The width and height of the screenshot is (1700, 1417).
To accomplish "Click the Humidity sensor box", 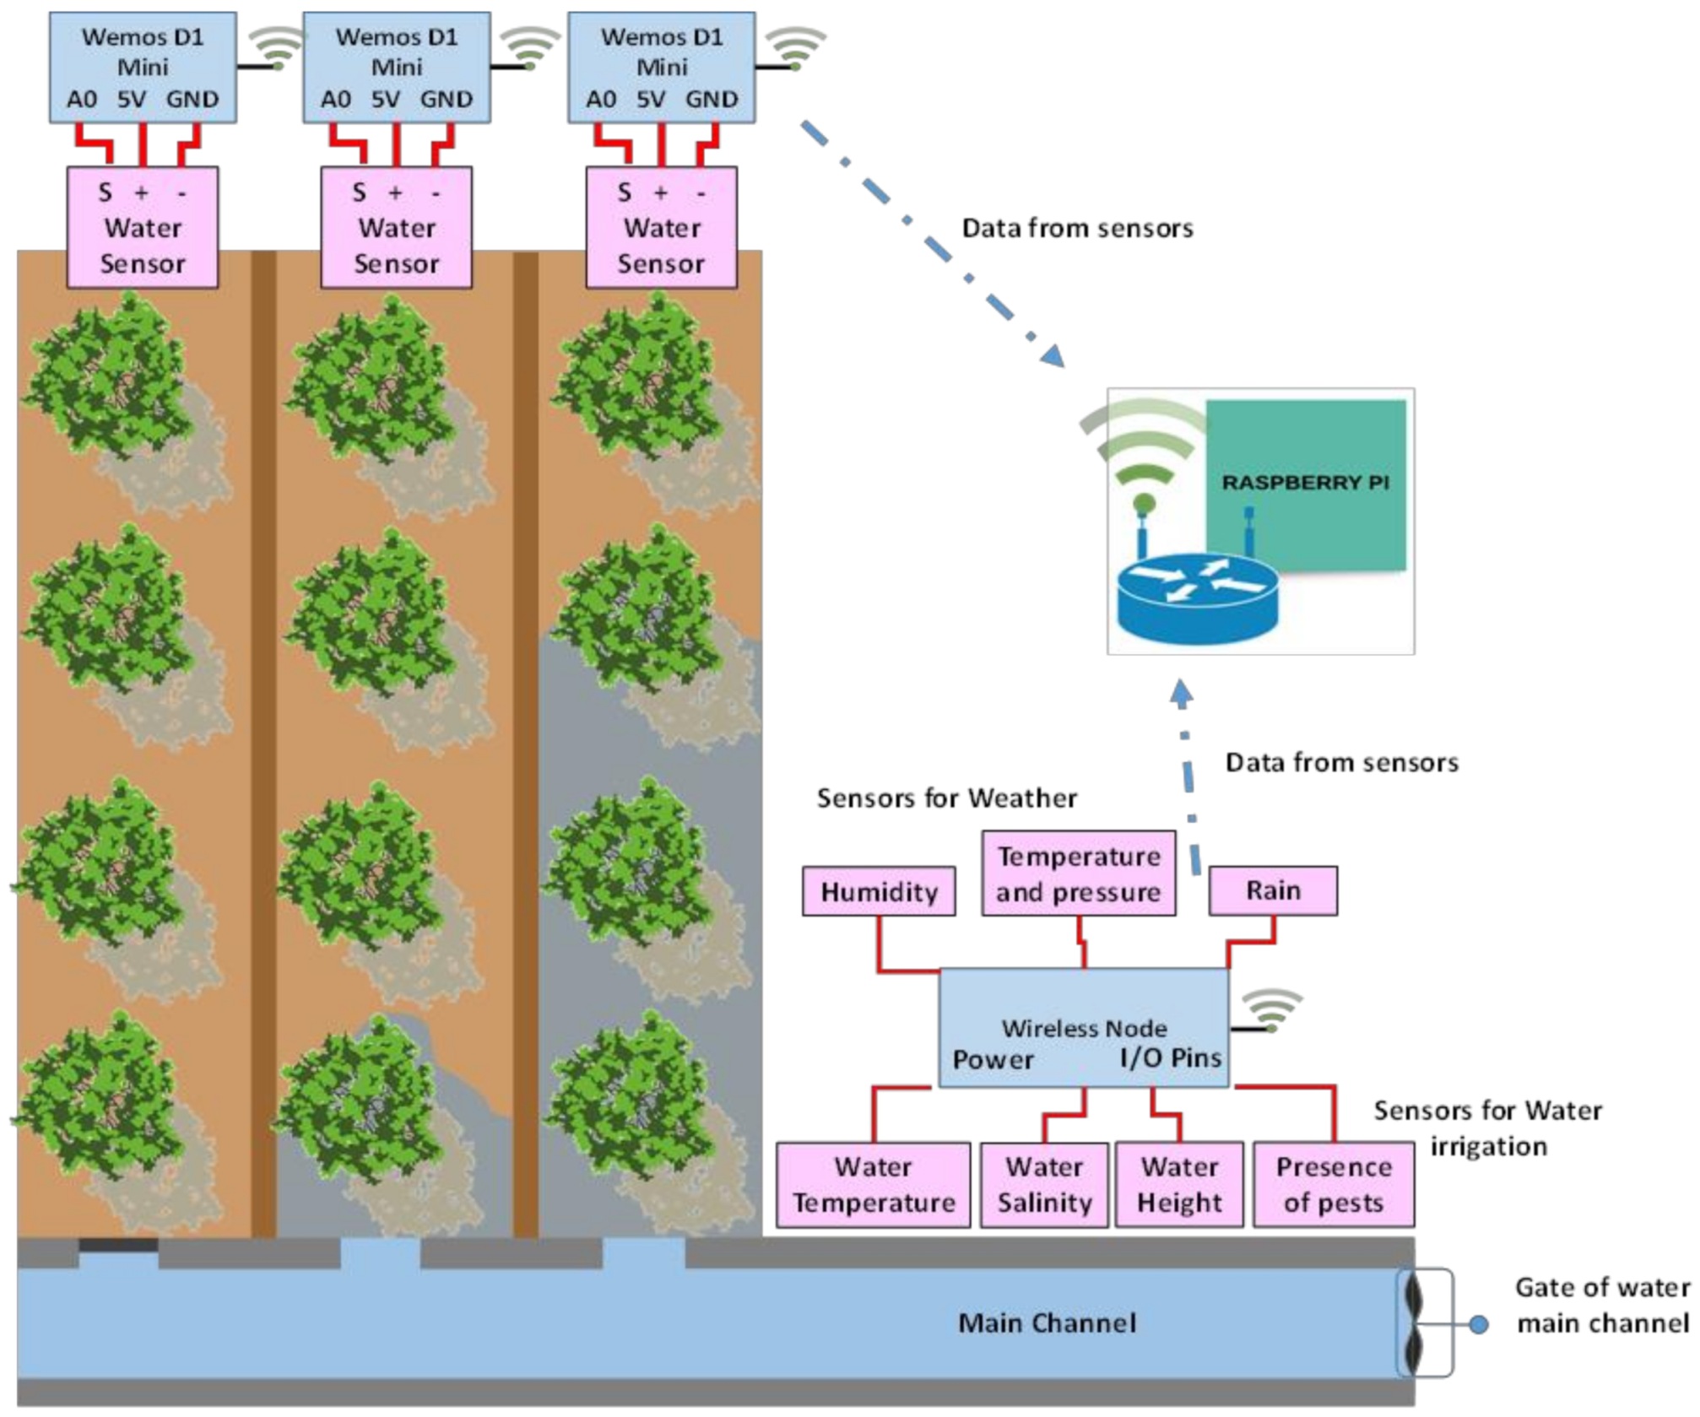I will click(878, 891).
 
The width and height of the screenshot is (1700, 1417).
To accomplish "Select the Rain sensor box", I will click(1272, 890).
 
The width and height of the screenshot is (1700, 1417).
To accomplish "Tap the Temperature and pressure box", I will click(1078, 873).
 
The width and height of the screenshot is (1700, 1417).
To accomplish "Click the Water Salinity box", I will click(1043, 1184).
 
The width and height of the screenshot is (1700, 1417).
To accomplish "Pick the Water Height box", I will click(1178, 1184).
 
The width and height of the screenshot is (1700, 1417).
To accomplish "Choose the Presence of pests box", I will click(1333, 1184).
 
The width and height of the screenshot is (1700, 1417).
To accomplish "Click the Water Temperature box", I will click(873, 1184).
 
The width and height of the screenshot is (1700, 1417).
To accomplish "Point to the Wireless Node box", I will click(1083, 1028).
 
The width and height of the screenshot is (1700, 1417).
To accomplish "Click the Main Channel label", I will click(1047, 1322).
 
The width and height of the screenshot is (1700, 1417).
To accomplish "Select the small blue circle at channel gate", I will click(1478, 1324).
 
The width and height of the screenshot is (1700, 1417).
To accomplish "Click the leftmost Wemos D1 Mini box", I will click(142, 68).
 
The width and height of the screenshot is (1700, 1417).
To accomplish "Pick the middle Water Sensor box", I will click(396, 228).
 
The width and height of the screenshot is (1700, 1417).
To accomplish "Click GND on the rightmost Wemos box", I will click(711, 100).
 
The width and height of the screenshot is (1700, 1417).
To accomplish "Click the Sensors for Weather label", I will click(946, 798).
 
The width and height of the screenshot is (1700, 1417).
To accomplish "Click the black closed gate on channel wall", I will click(118, 1245).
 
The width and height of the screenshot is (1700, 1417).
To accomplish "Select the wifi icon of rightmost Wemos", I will click(794, 48).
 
